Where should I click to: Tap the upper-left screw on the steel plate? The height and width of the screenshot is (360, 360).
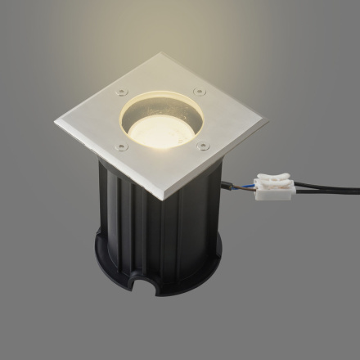(122, 91)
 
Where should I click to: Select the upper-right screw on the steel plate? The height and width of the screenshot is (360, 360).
(200, 91)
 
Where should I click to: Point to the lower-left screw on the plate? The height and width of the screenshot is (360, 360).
(123, 147)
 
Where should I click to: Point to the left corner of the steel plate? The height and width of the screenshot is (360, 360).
(56, 124)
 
